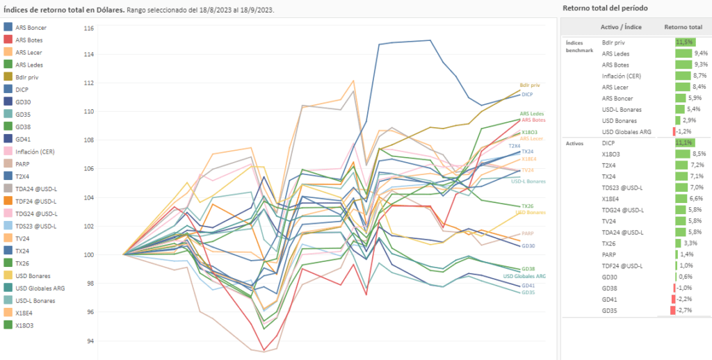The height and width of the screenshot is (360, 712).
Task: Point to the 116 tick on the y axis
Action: click(88, 29)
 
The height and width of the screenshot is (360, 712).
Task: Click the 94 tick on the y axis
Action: click(88, 341)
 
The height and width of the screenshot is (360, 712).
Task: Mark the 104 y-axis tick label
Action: click(88, 198)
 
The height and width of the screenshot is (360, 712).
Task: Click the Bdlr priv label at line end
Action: click(530, 85)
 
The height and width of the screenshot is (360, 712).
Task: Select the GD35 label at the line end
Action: click(528, 293)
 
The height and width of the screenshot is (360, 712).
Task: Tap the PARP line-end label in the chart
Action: click(528, 234)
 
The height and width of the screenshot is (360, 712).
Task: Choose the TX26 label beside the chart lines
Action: click(528, 206)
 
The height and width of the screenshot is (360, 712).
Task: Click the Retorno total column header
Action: click(683, 26)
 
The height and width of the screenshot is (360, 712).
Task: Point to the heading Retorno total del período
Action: click(604, 8)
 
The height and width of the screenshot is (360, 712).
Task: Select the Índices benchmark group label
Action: click(578, 47)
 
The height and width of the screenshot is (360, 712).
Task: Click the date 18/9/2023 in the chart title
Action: click(255, 9)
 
